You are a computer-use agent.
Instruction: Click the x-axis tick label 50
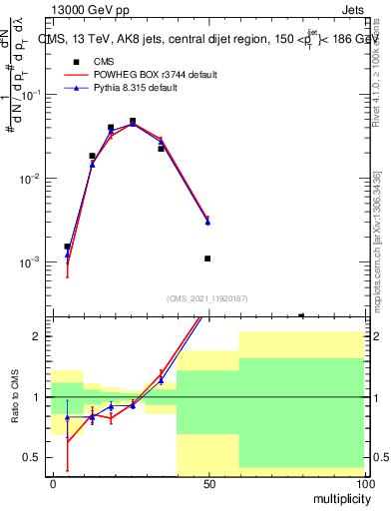(x=207, y=483)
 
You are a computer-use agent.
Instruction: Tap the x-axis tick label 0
(x=52, y=483)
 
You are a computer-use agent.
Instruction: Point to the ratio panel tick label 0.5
(x=32, y=457)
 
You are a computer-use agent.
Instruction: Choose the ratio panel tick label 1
(x=37, y=397)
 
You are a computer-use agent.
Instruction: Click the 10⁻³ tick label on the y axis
(x=30, y=262)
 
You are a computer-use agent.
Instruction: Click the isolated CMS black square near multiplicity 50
(x=207, y=258)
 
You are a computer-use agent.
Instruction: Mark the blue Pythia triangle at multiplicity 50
(x=207, y=222)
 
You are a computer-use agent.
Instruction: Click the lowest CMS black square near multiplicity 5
(x=67, y=246)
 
